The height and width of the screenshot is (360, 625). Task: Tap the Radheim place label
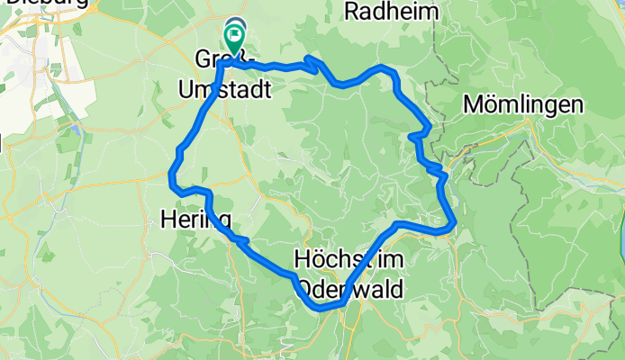[390, 12]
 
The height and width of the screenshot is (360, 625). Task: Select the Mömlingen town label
[523, 104]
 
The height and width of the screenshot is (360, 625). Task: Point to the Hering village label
[195, 219]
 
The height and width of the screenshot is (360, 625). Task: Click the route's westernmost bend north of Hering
[171, 172]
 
